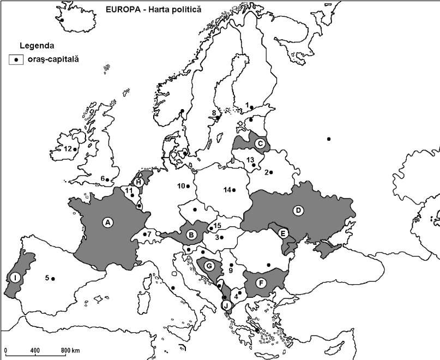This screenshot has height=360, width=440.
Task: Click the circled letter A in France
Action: coord(108,222)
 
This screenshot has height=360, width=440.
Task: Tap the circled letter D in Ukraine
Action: coord(298,210)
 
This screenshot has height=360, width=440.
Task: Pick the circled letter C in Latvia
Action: coord(260,143)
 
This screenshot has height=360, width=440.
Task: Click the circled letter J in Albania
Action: coord(226,305)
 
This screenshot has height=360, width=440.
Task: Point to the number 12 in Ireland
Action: coord(67,148)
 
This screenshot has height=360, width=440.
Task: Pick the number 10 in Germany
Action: coord(181,186)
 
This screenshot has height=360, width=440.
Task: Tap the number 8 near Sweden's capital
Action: coord(213,113)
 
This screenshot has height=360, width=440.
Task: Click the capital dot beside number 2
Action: coord(271,172)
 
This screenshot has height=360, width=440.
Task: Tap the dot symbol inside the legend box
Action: coord(17,59)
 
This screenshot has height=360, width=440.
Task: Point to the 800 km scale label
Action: coord(70,350)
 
